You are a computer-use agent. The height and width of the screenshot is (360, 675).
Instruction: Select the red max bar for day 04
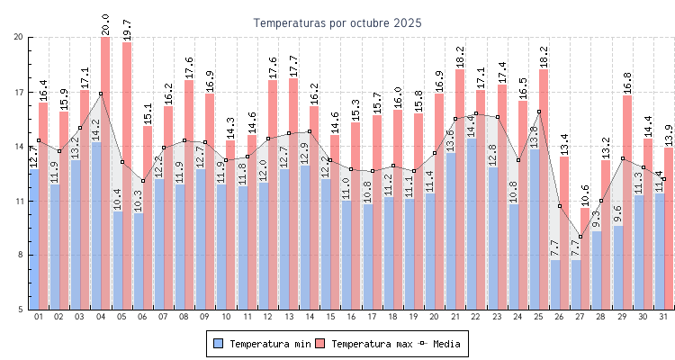(105, 171)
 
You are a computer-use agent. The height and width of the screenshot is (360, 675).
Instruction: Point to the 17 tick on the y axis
(19, 92)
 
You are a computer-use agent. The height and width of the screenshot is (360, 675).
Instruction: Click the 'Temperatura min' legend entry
(261, 344)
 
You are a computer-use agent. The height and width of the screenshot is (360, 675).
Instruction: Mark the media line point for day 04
(101, 94)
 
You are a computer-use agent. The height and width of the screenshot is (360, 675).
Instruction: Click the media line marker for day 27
(580, 237)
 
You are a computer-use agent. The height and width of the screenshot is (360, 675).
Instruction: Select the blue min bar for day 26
(555, 284)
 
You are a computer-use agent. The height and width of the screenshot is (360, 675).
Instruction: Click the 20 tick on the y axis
(19, 37)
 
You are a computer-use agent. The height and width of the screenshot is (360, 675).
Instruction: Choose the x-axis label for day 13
(288, 317)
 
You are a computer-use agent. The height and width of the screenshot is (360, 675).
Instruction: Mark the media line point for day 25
(539, 112)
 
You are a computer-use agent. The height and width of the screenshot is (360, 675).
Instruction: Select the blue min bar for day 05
(117, 261)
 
